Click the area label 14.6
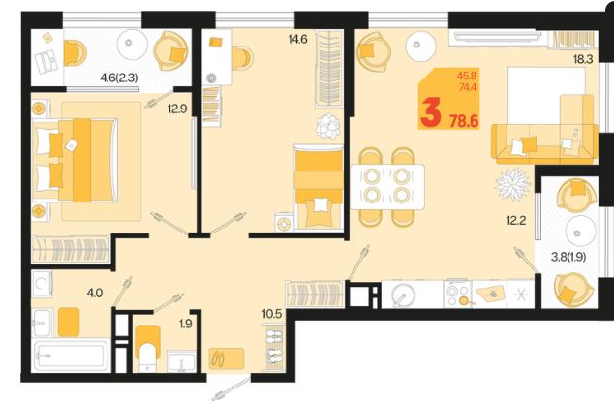tap(297, 39)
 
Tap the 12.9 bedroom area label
tap(177, 109)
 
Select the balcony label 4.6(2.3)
tap(119, 78)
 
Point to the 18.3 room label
tap(583, 59)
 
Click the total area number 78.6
tap(464, 121)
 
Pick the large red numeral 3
tap(431, 112)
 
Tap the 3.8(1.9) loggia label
tap(568, 257)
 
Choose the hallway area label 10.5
tap(272, 314)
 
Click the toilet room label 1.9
tap(186, 324)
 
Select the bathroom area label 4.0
tap(95, 293)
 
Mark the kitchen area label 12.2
tap(516, 221)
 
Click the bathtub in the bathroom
tap(72, 356)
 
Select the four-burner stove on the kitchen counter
tap(458, 295)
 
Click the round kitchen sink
tap(404, 295)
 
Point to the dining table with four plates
tap(387, 187)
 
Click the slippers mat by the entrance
tap(227, 358)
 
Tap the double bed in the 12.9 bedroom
tap(76, 160)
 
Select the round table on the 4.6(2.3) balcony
tap(133, 44)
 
